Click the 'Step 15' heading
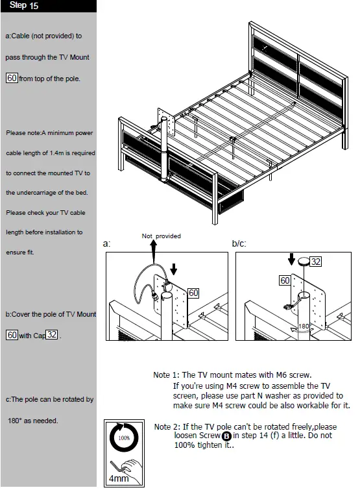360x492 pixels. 24,6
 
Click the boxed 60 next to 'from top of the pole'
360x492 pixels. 12,79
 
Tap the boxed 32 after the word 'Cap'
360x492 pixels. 53,335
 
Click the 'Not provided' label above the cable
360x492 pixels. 161,236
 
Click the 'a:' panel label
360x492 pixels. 107,244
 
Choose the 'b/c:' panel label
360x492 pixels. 239,244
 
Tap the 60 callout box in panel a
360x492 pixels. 193,293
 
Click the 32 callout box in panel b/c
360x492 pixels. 315,262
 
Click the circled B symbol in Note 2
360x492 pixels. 226,437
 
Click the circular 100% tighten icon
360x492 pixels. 124,438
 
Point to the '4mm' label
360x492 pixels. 119,478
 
